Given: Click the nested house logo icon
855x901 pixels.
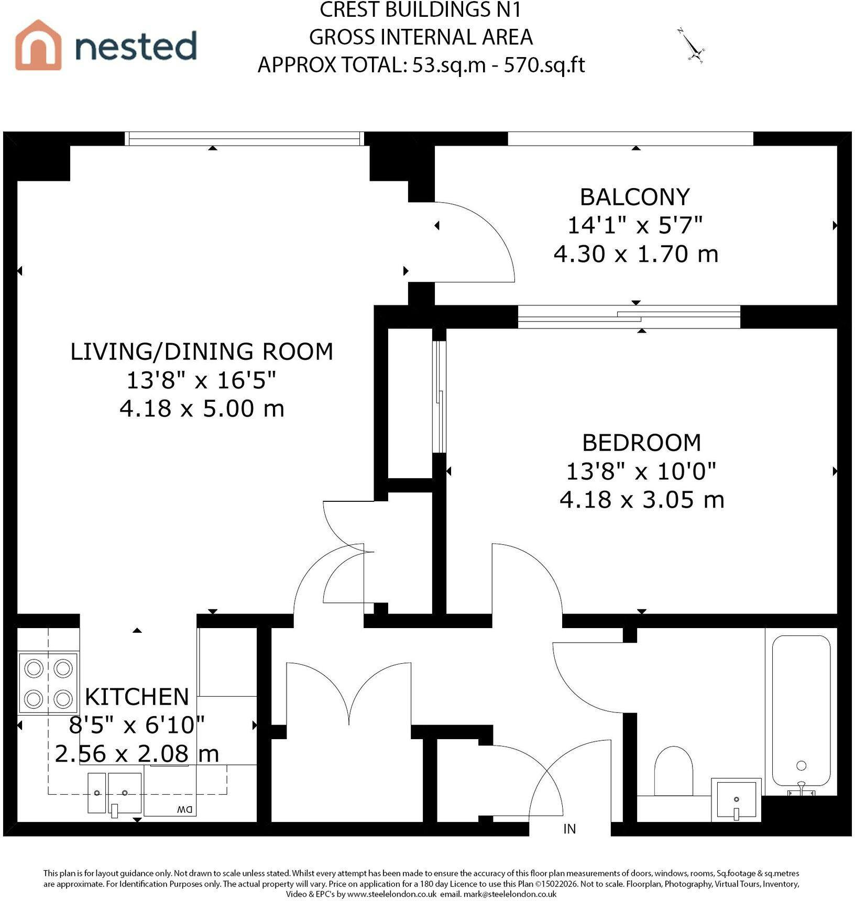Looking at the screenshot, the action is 38,45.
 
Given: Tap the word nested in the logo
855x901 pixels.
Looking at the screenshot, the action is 136,46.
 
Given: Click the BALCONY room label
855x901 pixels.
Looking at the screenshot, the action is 634,197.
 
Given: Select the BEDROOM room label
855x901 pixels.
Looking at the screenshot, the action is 641,443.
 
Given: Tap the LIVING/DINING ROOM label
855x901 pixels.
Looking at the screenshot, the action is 202,351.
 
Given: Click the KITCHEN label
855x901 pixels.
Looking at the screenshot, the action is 137,697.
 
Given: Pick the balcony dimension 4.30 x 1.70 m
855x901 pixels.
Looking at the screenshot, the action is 636,254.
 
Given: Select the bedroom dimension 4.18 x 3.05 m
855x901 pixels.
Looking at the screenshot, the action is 642,500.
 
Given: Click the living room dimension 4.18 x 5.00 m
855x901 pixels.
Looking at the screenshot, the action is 202,409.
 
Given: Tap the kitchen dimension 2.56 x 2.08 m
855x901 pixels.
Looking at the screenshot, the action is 137,754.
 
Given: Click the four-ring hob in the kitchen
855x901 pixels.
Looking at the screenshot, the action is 48,683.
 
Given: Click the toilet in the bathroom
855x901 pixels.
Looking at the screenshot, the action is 674,771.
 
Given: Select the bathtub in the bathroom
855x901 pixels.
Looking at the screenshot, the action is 801,715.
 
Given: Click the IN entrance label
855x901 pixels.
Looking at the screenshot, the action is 569,829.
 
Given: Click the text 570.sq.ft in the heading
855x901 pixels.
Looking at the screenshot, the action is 544,65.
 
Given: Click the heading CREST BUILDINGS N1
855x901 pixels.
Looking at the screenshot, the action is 421,10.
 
